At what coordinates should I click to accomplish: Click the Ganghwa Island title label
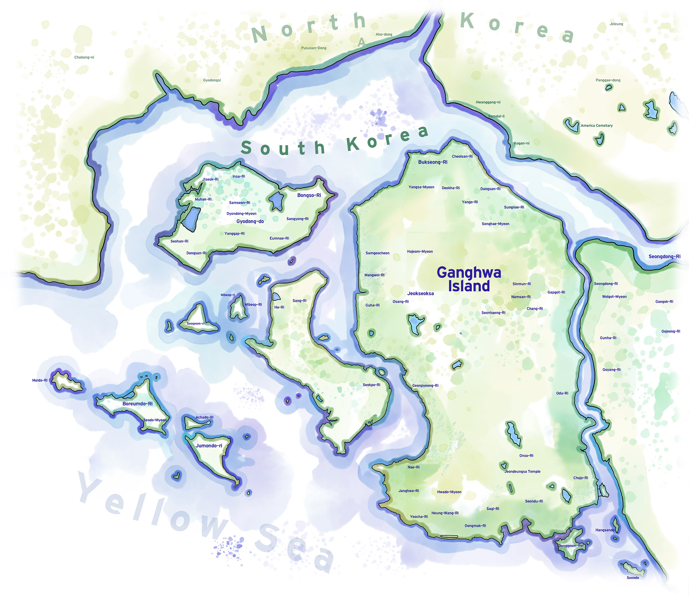point(469,279)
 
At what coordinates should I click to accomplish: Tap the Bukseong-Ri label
point(433,162)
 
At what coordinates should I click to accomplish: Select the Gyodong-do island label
point(250,221)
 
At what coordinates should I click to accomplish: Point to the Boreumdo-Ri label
point(137,403)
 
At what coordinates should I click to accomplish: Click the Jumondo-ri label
point(209,446)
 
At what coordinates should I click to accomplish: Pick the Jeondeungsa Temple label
point(522,471)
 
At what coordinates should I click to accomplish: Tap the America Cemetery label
point(597,126)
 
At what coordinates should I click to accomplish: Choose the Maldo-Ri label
point(40,380)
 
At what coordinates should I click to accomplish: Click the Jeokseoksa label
point(421,293)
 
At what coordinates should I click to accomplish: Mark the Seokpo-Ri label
point(371,385)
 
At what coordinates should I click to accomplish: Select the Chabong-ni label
point(84,57)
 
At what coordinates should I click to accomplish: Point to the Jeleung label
point(616,24)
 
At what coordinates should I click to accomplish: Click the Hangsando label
point(605,530)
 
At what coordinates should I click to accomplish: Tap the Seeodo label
point(633,578)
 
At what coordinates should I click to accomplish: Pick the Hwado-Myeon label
point(449,492)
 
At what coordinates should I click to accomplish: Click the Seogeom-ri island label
point(195,323)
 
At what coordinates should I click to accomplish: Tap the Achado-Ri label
point(205,417)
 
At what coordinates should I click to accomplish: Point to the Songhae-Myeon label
point(495,224)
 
